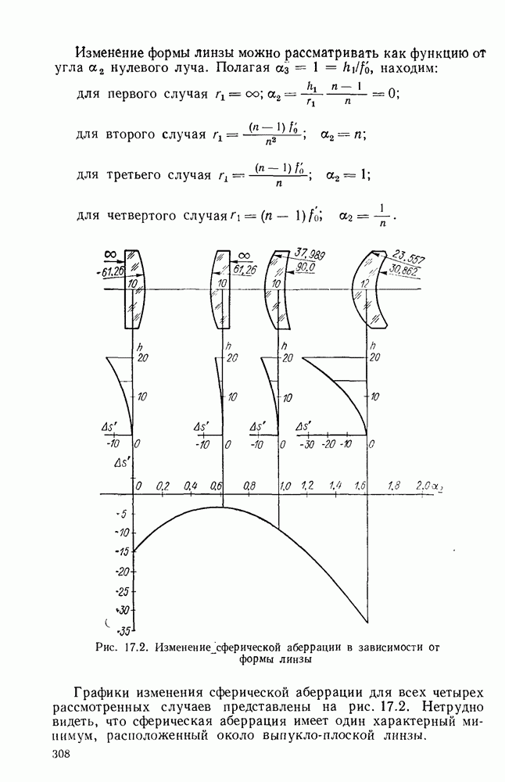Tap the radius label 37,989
tap(310, 255)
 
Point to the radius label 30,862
tap(404, 271)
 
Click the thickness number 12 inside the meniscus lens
tap(365, 283)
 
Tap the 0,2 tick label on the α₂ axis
tap(163, 486)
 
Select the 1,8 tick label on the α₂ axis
tap(393, 486)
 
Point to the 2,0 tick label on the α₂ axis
tap(424, 486)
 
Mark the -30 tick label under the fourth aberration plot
tap(307, 444)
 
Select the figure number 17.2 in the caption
tap(134, 647)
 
